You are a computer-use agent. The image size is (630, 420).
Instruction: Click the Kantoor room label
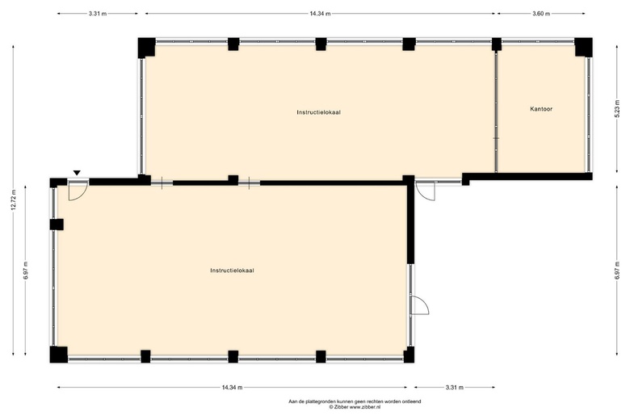541,109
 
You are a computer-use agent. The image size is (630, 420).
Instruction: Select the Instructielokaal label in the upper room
318,112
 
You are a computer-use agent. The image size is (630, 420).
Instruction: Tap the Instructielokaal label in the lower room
232,271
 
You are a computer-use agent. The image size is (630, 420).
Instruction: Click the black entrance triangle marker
77,173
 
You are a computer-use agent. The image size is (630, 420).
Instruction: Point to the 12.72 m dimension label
13,199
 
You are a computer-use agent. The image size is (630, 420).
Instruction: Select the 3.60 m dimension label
541,14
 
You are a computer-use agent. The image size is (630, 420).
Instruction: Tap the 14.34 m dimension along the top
320,14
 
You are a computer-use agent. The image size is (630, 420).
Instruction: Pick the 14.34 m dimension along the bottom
232,388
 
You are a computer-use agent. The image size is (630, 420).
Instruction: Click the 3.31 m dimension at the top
98,14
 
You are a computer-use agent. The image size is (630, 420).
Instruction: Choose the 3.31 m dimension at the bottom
455,388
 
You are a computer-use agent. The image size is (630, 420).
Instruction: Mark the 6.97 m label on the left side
25,271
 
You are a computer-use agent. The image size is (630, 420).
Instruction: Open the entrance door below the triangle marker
78,191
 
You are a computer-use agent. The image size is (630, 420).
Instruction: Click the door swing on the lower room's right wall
419,305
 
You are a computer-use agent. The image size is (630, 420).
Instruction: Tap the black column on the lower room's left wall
57,225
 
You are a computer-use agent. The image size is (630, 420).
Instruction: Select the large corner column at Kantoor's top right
583,47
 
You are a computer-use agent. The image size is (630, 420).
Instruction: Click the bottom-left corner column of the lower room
59,354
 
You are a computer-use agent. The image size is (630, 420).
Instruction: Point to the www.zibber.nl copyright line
355,407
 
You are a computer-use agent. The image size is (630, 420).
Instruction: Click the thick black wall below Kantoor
527,177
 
